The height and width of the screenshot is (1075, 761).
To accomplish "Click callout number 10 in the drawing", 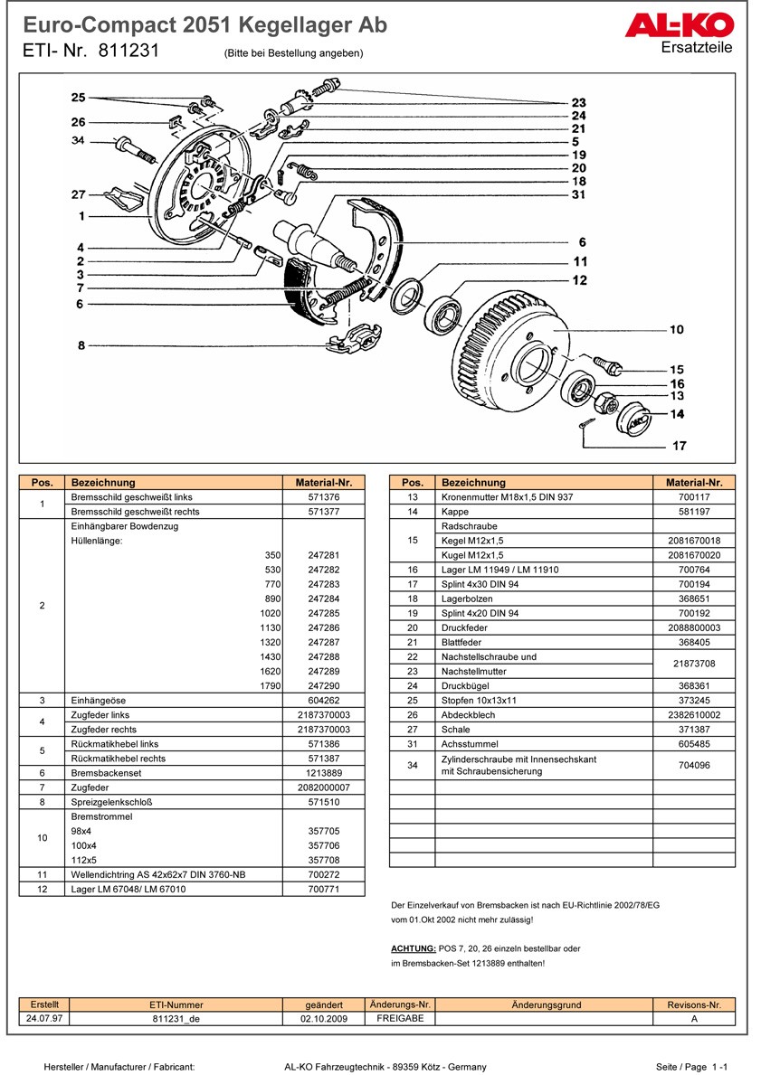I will [x=677, y=330].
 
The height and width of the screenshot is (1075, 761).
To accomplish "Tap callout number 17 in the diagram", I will [x=679, y=446].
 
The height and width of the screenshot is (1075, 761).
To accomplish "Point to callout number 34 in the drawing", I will [x=79, y=140].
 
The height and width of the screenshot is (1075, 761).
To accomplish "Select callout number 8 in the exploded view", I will [x=81, y=345].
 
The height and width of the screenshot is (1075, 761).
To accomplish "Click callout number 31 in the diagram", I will [x=579, y=194].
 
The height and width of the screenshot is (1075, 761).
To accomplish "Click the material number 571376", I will [x=323, y=497].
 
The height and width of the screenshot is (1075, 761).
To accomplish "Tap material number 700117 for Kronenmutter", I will [x=694, y=497].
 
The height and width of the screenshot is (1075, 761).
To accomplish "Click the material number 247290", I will [x=323, y=686].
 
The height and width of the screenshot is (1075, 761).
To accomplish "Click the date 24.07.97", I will [x=44, y=1018].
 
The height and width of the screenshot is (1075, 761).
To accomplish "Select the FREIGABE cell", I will [x=400, y=1018].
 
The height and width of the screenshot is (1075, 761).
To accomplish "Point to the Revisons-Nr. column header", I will [x=694, y=1004].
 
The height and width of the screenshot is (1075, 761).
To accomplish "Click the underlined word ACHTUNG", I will [x=414, y=948].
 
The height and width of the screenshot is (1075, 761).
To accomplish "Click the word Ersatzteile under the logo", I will [x=698, y=47].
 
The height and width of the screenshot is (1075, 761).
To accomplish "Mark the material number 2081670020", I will [x=694, y=555].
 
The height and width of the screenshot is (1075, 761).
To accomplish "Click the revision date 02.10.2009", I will [x=324, y=1018].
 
